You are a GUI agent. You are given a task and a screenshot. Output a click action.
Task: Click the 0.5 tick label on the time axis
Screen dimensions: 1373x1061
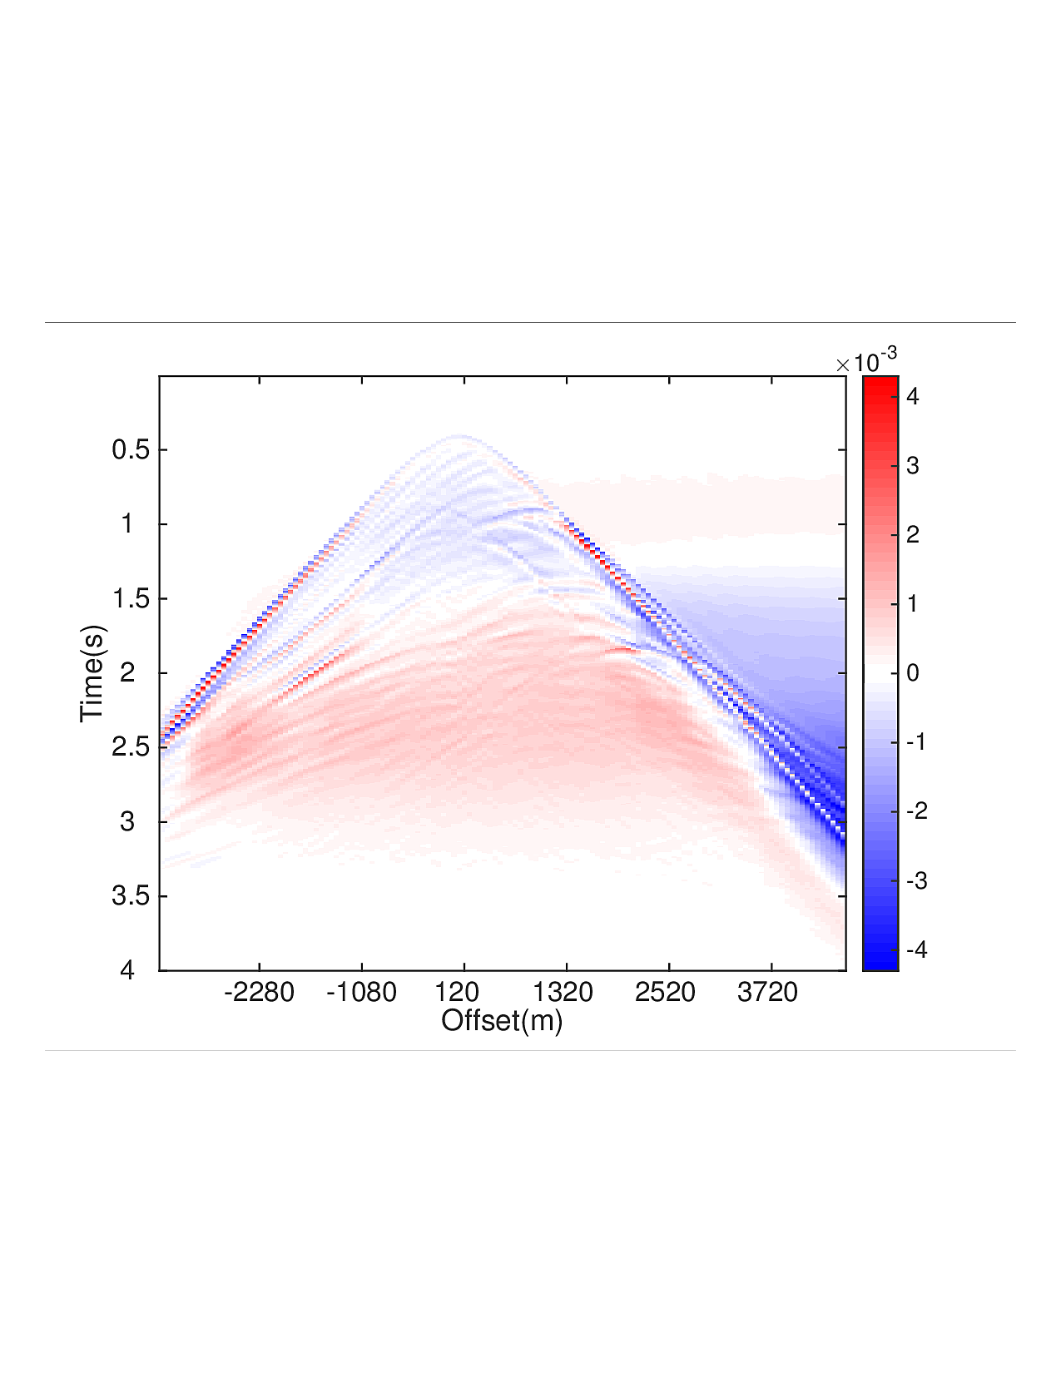131,450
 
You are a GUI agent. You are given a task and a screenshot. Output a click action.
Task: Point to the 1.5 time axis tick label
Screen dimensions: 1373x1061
131,599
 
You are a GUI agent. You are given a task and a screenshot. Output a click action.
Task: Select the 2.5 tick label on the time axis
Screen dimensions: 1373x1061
131,747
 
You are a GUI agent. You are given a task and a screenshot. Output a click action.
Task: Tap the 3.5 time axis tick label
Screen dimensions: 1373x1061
131,896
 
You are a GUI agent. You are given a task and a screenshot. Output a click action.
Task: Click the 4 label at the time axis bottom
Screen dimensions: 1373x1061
127,970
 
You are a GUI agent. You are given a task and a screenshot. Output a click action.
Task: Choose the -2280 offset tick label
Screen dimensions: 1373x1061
259,992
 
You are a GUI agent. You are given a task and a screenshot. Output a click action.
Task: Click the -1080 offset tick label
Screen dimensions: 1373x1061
361,992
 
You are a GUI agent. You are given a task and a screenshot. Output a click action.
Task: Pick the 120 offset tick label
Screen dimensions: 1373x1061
457,992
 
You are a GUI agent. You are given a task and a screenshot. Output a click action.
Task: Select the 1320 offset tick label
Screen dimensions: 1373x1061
563,992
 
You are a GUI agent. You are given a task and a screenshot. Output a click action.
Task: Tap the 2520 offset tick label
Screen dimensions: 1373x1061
665,992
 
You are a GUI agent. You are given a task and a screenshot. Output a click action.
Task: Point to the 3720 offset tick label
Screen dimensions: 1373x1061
767,992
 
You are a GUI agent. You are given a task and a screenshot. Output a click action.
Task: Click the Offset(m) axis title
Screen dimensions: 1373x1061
502,1020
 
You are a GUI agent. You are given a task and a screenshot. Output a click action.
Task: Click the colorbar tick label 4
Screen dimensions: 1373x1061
913,397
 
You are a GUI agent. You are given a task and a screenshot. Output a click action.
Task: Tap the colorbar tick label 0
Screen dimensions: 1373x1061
913,673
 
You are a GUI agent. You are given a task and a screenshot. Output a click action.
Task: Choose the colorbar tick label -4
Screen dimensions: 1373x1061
916,949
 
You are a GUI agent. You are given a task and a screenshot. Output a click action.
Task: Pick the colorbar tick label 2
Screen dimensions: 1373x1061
913,535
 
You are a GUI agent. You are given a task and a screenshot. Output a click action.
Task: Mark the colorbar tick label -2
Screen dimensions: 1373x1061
916,811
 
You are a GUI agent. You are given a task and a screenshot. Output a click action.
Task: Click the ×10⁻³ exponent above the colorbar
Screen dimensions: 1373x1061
867,362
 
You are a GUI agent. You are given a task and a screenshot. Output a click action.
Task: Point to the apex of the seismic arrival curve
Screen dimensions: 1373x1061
459,436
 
